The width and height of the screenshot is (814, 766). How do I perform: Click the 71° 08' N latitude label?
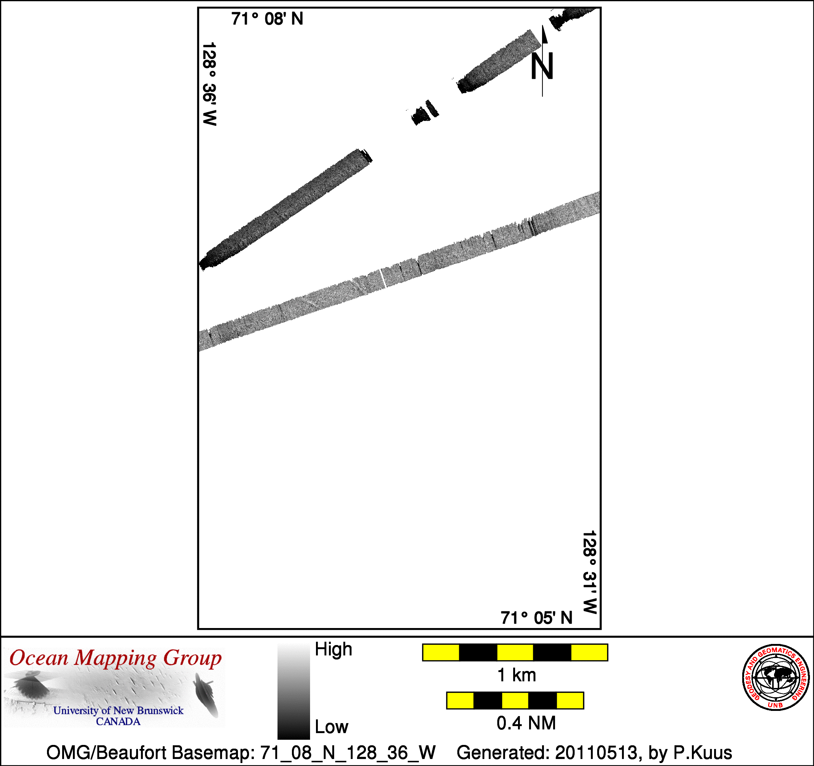point(267,19)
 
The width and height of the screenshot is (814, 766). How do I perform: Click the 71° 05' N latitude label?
point(536,618)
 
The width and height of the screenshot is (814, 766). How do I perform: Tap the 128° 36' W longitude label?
point(209,84)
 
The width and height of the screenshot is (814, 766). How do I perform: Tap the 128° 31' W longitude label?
point(590,572)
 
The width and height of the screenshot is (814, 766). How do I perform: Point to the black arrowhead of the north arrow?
point(545,34)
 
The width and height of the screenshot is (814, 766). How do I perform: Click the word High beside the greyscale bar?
point(333,649)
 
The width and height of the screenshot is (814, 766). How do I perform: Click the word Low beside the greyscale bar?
point(332,727)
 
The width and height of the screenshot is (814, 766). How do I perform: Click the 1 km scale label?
point(516,675)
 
